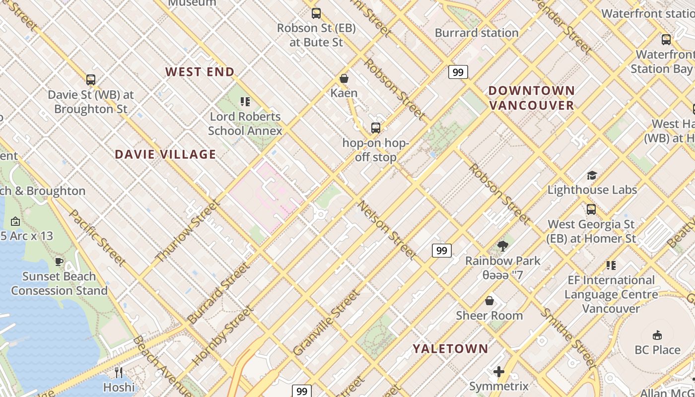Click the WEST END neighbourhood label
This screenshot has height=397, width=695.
200,72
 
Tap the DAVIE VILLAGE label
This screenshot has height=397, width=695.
165,154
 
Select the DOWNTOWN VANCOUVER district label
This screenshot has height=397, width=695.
531,98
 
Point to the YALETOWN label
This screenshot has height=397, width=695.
450,349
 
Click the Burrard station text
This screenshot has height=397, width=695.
476,33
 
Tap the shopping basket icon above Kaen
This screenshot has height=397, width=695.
344,78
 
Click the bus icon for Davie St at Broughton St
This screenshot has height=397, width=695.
91,79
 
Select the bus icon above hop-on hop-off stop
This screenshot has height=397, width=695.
376,128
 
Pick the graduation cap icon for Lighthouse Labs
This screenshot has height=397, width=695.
592,175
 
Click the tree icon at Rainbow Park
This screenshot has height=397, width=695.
502,246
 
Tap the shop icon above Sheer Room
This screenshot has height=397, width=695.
489,301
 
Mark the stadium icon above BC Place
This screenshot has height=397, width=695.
657,335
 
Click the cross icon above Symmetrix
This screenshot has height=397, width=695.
499,372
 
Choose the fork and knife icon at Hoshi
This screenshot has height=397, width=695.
119,372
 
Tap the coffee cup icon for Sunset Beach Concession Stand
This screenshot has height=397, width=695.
59,262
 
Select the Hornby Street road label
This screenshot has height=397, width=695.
222,335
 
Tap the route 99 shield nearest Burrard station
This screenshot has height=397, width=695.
458,72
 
